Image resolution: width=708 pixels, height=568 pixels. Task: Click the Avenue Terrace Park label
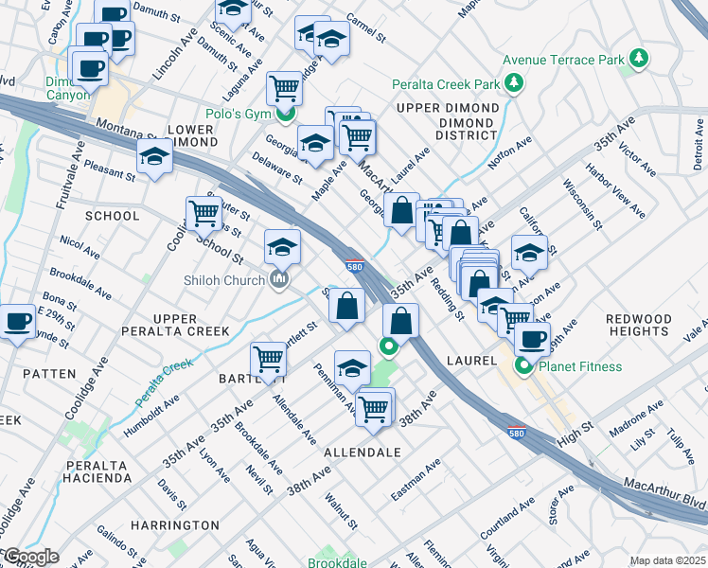click(x=563, y=60)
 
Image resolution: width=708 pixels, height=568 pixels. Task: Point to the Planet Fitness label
click(x=581, y=366)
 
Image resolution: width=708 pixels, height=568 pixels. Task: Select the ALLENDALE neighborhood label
click(x=363, y=453)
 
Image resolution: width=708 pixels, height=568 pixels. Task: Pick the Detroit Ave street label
click(x=698, y=151)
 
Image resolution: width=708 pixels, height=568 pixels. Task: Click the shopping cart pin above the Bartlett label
click(x=269, y=359)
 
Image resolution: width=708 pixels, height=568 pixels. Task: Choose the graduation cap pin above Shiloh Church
click(x=282, y=246)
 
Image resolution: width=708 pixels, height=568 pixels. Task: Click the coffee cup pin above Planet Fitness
click(x=532, y=338)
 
